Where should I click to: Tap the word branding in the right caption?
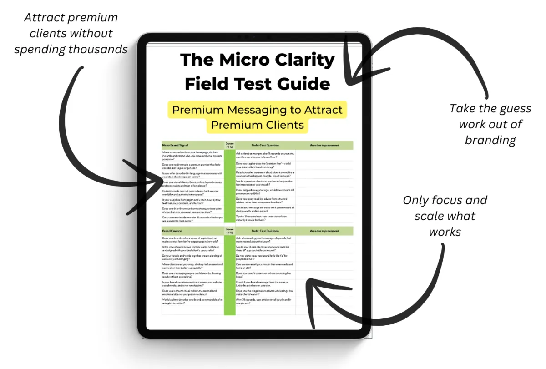click(490, 140)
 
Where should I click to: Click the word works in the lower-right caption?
click(445, 232)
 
